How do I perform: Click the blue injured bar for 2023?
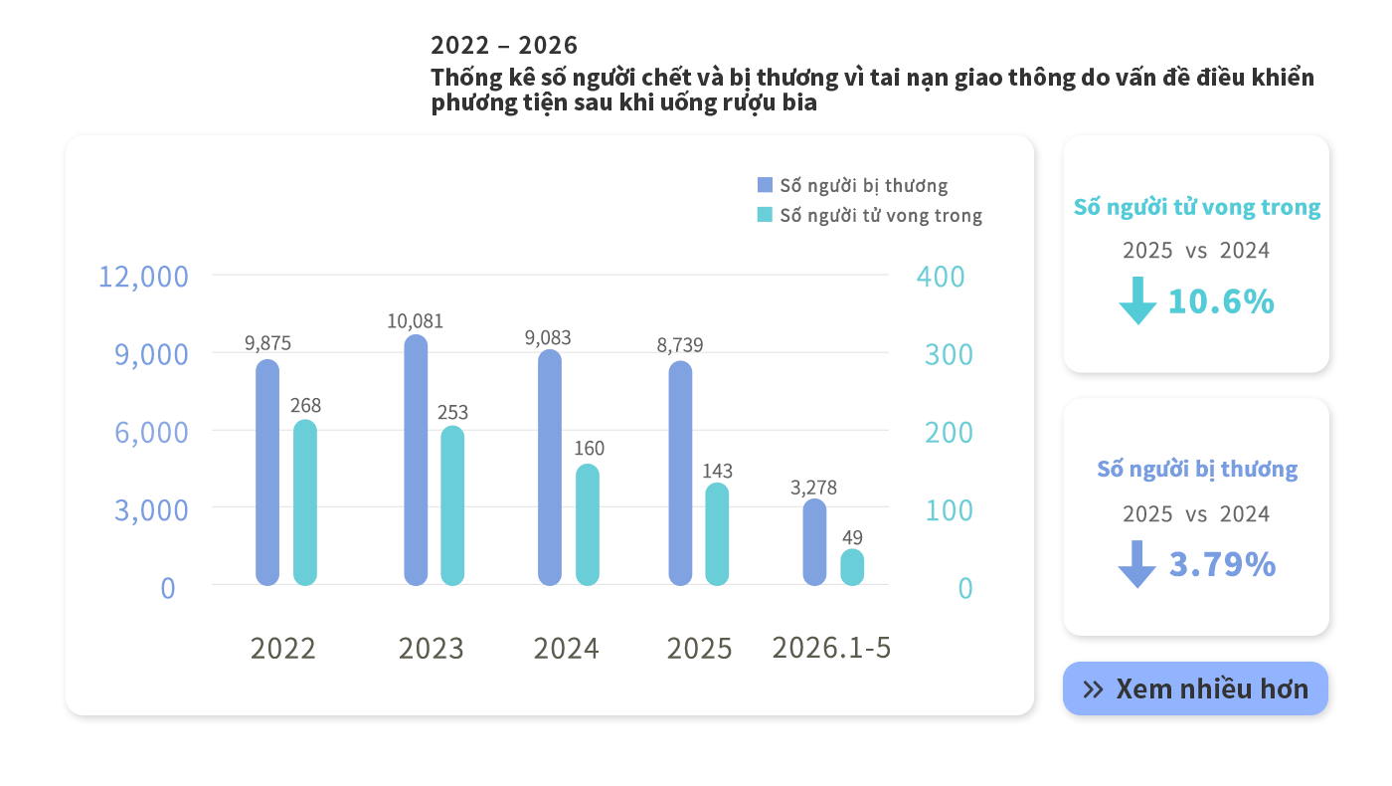[416, 460]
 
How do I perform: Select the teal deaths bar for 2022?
[305, 502]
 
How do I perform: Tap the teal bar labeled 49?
[852, 567]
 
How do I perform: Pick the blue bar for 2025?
[680, 474]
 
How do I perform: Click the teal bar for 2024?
[588, 525]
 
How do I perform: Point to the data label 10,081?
[416, 320]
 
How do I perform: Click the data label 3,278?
[813, 488]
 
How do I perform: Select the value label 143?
[717, 471]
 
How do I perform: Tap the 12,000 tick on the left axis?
[143, 277]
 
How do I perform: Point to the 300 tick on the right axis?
[949, 354]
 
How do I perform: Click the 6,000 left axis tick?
[151, 432]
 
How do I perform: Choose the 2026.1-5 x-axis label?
[831, 648]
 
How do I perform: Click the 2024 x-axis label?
[566, 649]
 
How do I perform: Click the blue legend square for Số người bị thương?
[765, 185]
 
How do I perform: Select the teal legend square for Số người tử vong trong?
[765, 215]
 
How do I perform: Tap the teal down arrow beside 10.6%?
[1137, 300]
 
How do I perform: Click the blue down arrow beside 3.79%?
[1136, 564]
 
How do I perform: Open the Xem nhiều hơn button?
[1195, 688]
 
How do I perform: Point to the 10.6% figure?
[1221, 301]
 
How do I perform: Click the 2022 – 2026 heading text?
[504, 46]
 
